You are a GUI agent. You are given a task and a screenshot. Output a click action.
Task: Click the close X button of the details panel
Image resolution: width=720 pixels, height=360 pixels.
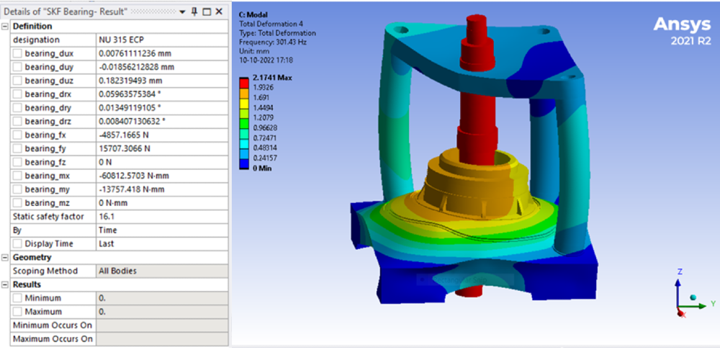[x=219, y=12]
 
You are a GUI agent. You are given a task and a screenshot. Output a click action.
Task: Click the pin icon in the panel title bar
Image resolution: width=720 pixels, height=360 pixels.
[x=195, y=12]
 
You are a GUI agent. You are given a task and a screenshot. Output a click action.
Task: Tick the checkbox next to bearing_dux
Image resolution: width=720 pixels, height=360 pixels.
[x=17, y=54]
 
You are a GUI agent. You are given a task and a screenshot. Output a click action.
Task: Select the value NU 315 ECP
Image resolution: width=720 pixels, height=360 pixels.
[x=119, y=40]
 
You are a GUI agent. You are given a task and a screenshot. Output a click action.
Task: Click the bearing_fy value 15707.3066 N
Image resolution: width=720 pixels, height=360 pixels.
[x=124, y=149]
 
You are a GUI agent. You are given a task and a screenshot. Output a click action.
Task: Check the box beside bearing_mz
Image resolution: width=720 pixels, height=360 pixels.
[x=17, y=203]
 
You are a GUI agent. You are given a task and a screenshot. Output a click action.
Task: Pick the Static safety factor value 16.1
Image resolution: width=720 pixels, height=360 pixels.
[x=105, y=216]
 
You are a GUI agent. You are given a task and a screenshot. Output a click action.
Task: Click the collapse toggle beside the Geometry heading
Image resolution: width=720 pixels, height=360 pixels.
[x=6, y=257]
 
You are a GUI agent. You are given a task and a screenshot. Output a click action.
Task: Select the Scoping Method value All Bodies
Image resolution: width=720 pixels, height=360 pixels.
[x=117, y=271]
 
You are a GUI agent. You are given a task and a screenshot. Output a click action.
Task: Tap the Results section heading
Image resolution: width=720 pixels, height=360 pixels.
[x=27, y=284]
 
